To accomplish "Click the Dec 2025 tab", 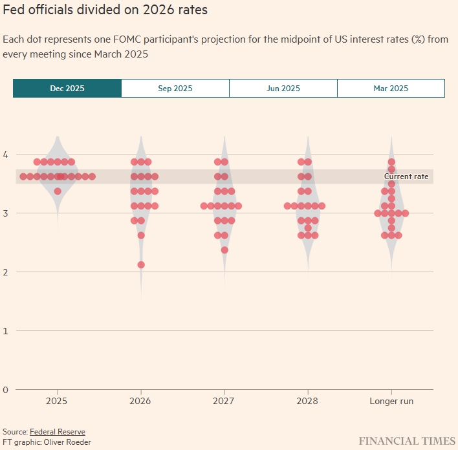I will [x=67, y=89].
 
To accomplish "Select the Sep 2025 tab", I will [x=175, y=89].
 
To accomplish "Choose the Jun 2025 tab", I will [x=283, y=89].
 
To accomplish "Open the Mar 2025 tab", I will [x=391, y=89].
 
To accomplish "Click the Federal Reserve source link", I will [x=58, y=432].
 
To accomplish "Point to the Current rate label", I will [x=406, y=177].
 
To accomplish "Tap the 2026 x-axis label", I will [x=141, y=402].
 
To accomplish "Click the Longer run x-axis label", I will [x=391, y=402].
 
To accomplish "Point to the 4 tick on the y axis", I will [x=5, y=155].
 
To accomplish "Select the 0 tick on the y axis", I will [x=5, y=389].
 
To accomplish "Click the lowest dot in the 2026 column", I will [x=141, y=264].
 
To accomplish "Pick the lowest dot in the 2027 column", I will [x=224, y=250].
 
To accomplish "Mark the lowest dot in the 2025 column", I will [x=58, y=191].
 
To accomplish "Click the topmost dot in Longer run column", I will [x=391, y=162].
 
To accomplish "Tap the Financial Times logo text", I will [x=407, y=441].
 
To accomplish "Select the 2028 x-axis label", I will [x=308, y=402].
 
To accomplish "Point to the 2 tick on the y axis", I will [x=5, y=272].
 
